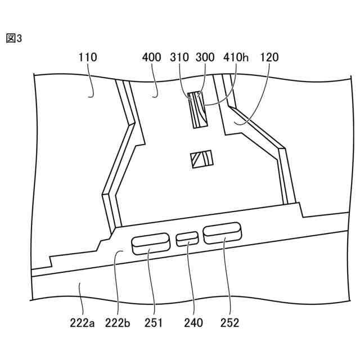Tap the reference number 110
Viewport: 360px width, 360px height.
88,57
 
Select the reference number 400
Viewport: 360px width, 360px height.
152,57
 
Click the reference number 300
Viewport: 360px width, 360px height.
204,57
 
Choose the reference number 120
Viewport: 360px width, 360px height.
269,57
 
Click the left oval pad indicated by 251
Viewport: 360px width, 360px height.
150,243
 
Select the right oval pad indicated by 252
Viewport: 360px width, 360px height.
222,233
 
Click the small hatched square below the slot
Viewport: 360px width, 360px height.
201,159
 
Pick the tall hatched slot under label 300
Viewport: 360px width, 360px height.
197,110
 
